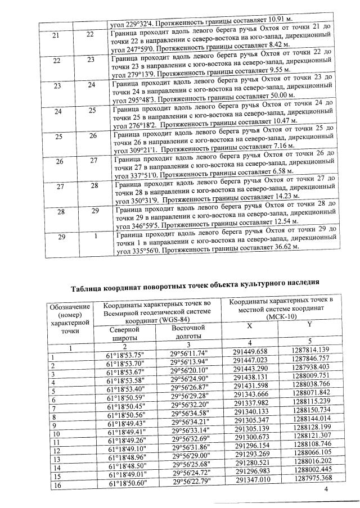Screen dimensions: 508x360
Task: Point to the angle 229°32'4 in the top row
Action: [x=136, y=26]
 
